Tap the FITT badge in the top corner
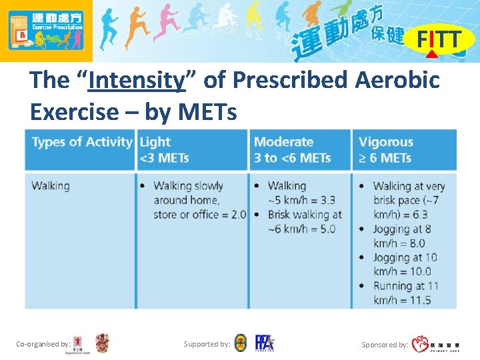[439, 40]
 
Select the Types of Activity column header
[81, 142]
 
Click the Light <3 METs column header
[164, 150]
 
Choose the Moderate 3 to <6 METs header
[292, 150]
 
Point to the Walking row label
[50, 185]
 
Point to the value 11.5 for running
[419, 300]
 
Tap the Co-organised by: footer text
[43, 344]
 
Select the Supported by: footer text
[207, 344]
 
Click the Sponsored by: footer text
[385, 345]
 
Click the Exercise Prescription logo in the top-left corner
[45, 31]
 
